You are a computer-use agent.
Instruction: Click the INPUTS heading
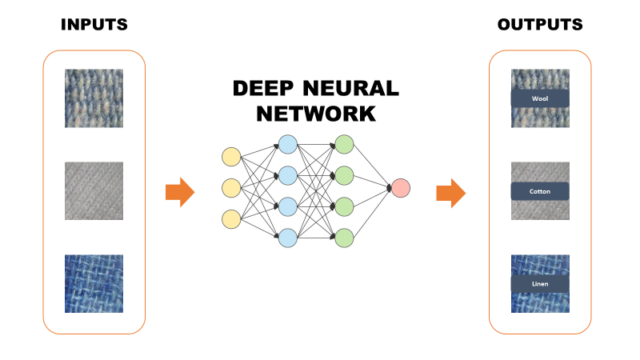[x=94, y=25]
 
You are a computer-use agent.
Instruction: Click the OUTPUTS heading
[x=540, y=25]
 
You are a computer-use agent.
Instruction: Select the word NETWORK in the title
[x=315, y=114]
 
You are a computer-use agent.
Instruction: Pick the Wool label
[x=540, y=98]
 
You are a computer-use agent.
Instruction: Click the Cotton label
[x=540, y=191]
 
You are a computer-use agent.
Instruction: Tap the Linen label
[x=540, y=284]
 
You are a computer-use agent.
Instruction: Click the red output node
[x=401, y=189]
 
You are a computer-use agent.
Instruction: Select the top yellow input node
[x=230, y=157]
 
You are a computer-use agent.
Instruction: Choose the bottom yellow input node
[x=230, y=218]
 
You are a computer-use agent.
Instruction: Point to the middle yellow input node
[x=230, y=188]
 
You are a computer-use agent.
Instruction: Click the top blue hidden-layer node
[x=287, y=144]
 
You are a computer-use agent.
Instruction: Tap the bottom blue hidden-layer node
[x=287, y=237]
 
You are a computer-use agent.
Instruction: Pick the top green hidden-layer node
[x=344, y=144]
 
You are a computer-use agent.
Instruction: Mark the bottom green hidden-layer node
[x=344, y=237]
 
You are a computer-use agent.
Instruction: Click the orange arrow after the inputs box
[x=180, y=192]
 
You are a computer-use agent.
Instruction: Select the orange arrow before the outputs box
[x=451, y=192]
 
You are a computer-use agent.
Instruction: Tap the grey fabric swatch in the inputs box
[x=94, y=191]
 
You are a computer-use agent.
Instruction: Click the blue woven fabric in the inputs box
[x=94, y=284]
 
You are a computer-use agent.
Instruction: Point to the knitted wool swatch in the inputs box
[x=94, y=98]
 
